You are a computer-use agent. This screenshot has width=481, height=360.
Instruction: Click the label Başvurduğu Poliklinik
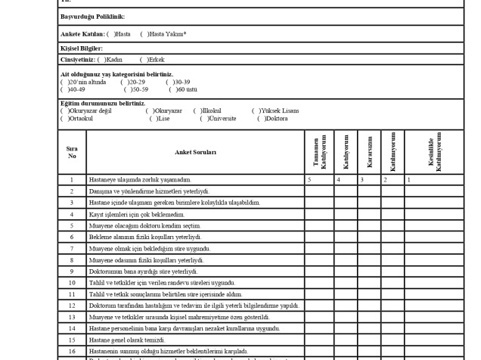[92, 17]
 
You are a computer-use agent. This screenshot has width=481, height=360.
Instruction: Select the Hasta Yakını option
[144, 34]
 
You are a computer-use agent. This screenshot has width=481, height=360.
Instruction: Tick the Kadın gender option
[101, 59]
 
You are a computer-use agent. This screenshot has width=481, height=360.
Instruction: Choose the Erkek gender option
[144, 59]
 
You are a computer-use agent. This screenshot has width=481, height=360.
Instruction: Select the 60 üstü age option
[172, 88]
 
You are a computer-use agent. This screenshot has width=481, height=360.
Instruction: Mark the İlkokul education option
[197, 111]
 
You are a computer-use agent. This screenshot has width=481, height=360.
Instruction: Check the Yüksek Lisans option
[255, 111]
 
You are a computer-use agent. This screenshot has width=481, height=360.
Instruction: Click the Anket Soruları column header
[195, 152]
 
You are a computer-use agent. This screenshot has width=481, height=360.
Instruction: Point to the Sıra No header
[72, 152]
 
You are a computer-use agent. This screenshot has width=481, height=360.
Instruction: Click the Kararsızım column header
[370, 152]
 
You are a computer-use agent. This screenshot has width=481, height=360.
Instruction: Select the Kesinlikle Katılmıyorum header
[433, 152]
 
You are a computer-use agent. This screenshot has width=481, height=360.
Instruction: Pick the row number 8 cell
[72, 260]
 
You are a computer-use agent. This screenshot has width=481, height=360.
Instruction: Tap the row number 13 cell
[72, 317]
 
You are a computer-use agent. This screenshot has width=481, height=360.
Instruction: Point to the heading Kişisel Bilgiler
[81, 48]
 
